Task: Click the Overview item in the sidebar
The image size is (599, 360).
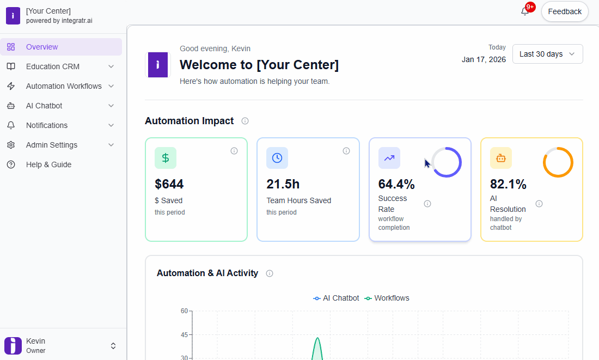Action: coord(42,47)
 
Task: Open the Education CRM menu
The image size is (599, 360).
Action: coord(53,66)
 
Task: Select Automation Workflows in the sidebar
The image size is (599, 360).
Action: coord(64,86)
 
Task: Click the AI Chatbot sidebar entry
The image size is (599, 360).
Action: coord(44,106)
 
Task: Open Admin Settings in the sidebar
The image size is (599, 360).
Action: coord(52,145)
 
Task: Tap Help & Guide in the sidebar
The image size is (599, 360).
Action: coord(48,164)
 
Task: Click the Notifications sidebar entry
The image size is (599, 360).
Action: coord(47,125)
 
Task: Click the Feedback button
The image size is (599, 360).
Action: coord(564,11)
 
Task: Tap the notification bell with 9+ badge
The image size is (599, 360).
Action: coord(525,11)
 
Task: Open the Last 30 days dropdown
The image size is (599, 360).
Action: coord(547,54)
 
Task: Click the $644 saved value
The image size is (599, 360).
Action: coord(169,184)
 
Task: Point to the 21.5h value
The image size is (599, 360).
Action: coord(283,184)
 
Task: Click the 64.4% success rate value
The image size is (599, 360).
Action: coord(396,184)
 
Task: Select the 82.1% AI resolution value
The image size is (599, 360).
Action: coord(508,184)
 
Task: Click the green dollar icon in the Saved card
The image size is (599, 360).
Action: coord(166,158)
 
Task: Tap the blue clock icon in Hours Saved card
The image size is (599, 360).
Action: coord(277,158)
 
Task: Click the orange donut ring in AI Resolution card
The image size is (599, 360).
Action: coord(558,162)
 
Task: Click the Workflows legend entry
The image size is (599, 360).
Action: coord(387,298)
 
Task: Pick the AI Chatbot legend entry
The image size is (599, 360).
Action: coord(337,298)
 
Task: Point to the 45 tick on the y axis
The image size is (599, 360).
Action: coord(184,334)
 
